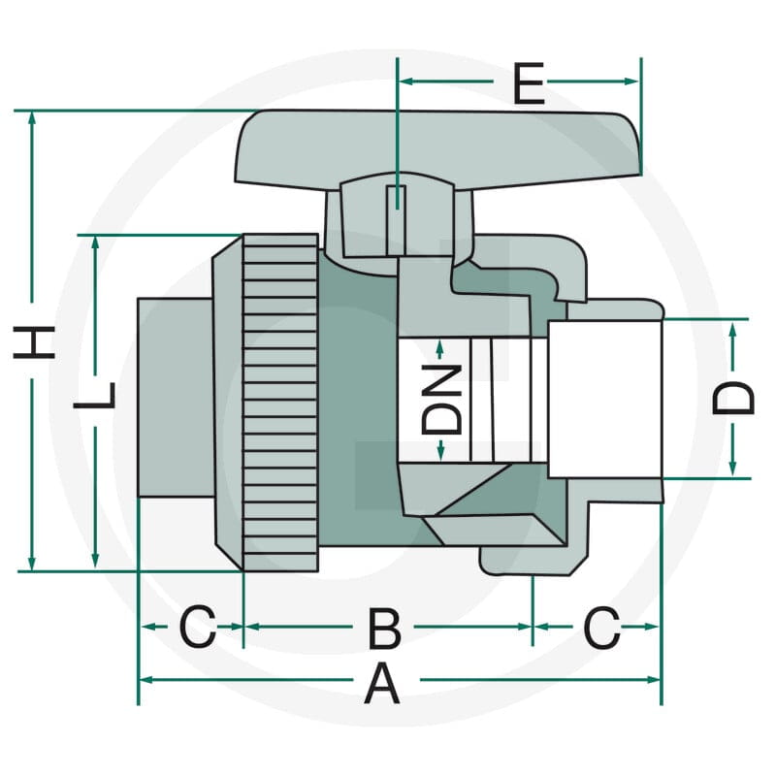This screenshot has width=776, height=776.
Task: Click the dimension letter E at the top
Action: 529,83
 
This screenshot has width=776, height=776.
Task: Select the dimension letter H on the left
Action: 34,341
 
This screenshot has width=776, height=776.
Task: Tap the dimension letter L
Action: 94,396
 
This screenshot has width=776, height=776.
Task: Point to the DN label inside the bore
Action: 441,400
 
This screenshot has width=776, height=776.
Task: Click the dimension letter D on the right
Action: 733,398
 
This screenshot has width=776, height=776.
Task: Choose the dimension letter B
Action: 384,629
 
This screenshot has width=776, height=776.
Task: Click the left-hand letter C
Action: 198,627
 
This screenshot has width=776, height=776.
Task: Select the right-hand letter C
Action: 601,628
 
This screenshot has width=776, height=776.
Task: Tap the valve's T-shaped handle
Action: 438,148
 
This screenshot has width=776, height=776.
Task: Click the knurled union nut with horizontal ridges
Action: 280,403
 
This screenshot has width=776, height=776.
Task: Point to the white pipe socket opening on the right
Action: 604,399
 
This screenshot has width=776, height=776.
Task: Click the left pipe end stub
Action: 176,398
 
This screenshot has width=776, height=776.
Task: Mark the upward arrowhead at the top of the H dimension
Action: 32,118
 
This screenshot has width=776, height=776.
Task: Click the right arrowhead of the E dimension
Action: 631,81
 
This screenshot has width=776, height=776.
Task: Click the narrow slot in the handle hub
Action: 396,220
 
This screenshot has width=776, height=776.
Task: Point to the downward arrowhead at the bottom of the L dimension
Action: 95,560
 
